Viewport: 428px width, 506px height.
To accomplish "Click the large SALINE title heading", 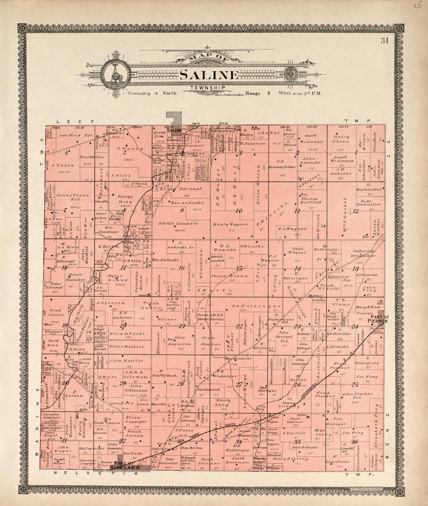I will (209, 75).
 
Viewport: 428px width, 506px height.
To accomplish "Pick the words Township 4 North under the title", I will (152, 94).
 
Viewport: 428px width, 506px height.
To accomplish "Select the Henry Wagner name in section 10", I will (230, 225).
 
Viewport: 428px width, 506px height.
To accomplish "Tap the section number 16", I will (181, 268).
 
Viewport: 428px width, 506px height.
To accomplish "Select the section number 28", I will (181, 384).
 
